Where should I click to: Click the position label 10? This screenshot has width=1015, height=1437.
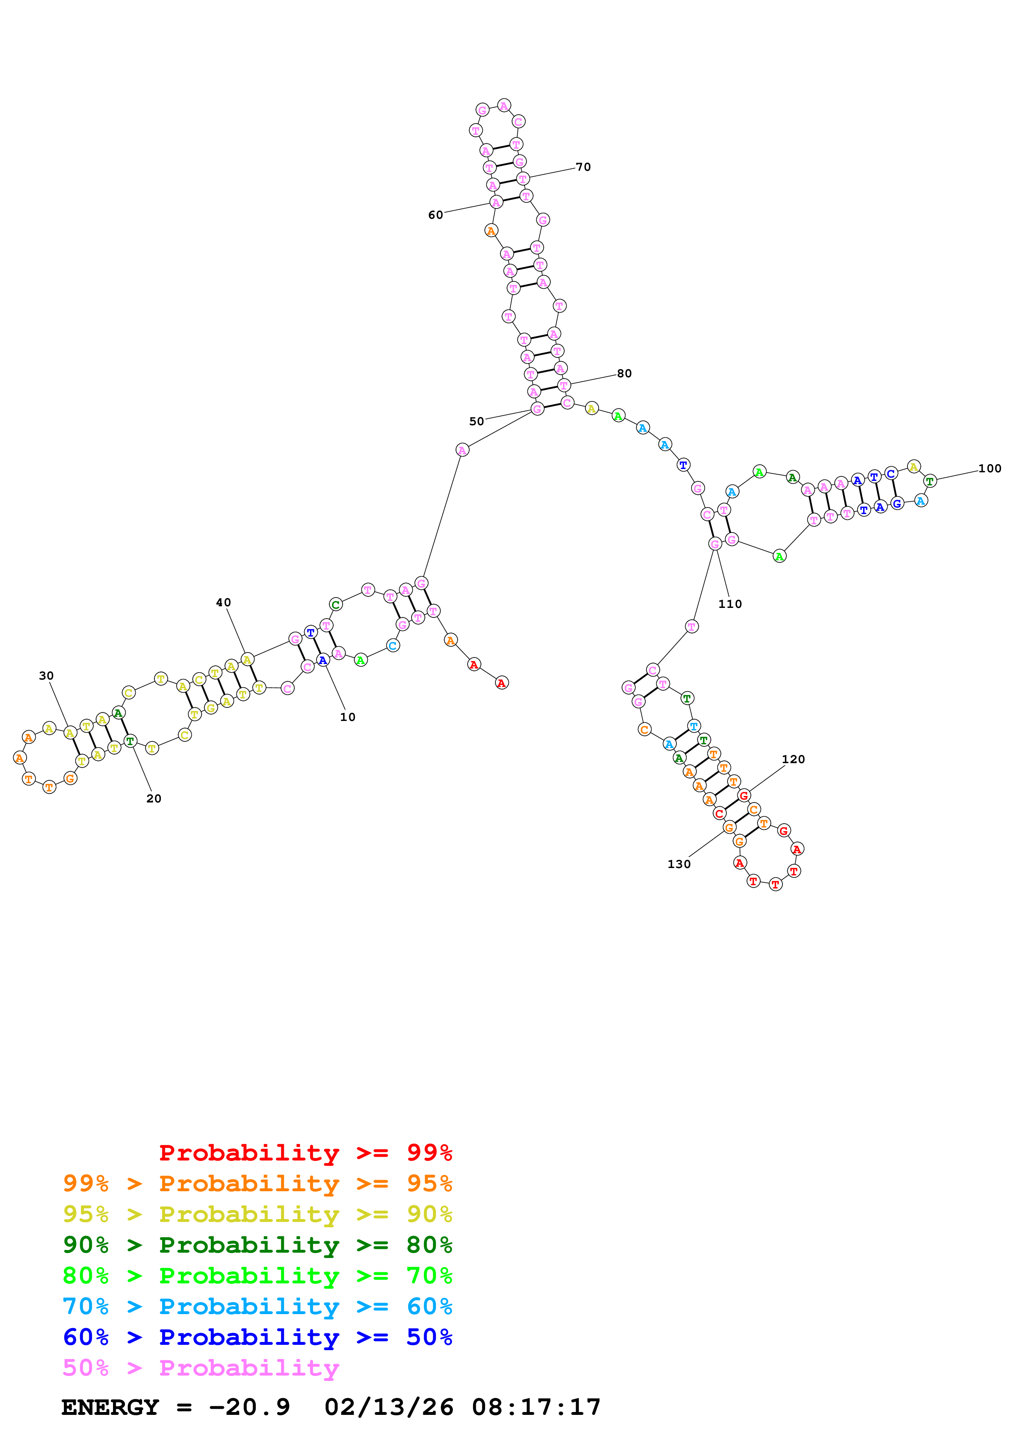click(347, 717)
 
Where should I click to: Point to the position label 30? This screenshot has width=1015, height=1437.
click(46, 676)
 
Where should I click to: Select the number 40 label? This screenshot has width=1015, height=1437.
click(223, 603)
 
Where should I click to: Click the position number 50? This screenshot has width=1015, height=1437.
click(477, 422)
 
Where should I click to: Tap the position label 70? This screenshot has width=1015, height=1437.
click(583, 167)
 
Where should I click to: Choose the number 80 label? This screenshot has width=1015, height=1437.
click(624, 374)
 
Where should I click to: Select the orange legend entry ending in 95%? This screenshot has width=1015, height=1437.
click(257, 1183)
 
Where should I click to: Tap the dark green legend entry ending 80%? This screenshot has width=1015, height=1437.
click(257, 1245)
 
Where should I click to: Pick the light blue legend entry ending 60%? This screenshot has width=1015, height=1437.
click(257, 1306)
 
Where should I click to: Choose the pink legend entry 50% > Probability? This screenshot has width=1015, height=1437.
click(200, 1367)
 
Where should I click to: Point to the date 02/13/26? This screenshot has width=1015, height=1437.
click(389, 1408)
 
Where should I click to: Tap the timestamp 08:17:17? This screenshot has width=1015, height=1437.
click(536, 1408)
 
